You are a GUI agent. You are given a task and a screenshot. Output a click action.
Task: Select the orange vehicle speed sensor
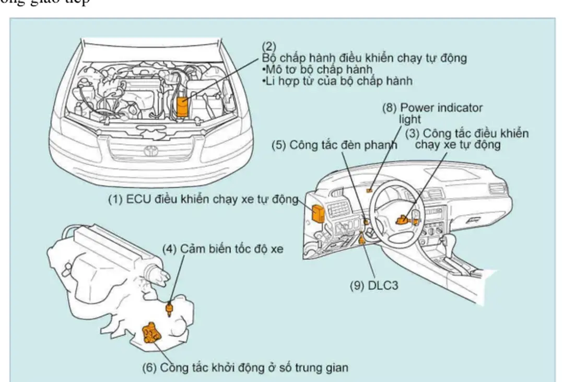(x=170, y=309)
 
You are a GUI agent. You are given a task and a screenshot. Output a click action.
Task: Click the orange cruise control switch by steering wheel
(x=403, y=221)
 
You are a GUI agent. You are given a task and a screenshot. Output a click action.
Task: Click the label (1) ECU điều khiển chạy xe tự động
(x=203, y=199)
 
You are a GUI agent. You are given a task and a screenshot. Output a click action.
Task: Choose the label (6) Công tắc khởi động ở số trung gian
(x=245, y=367)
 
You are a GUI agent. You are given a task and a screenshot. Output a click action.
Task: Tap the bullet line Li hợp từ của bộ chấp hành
(x=337, y=81)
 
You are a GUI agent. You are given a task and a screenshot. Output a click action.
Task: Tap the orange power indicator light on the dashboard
(x=370, y=191)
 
